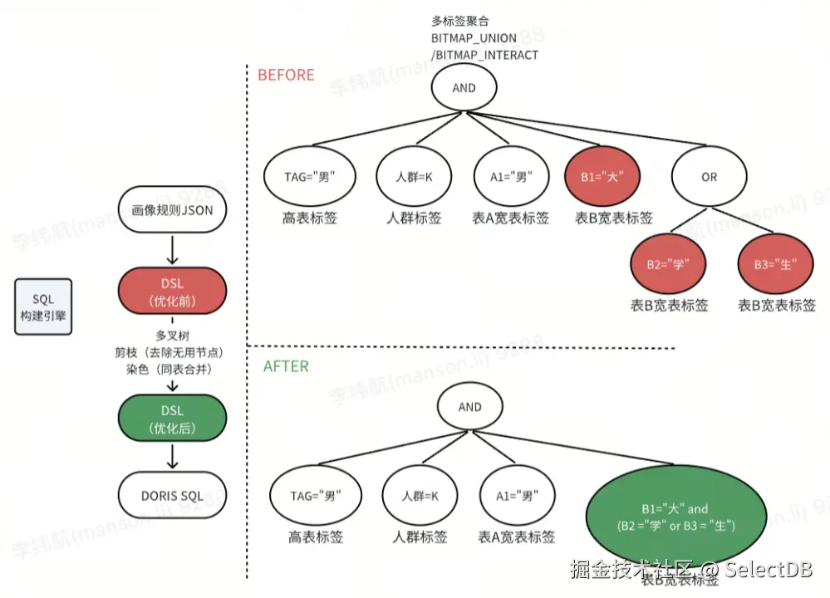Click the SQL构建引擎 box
[42, 307]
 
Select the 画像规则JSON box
[172, 210]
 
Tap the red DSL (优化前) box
[172, 292]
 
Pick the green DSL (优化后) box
[172, 419]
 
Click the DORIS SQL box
[172, 496]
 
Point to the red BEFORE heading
[286, 75]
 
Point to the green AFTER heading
[286, 366]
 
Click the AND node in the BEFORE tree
[464, 88]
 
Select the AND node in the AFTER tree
[469, 407]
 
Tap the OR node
[709, 177]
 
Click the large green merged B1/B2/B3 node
[674, 516]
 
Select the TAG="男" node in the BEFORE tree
[309, 177]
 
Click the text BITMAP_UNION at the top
[473, 38]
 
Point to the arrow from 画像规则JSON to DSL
[172, 249]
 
